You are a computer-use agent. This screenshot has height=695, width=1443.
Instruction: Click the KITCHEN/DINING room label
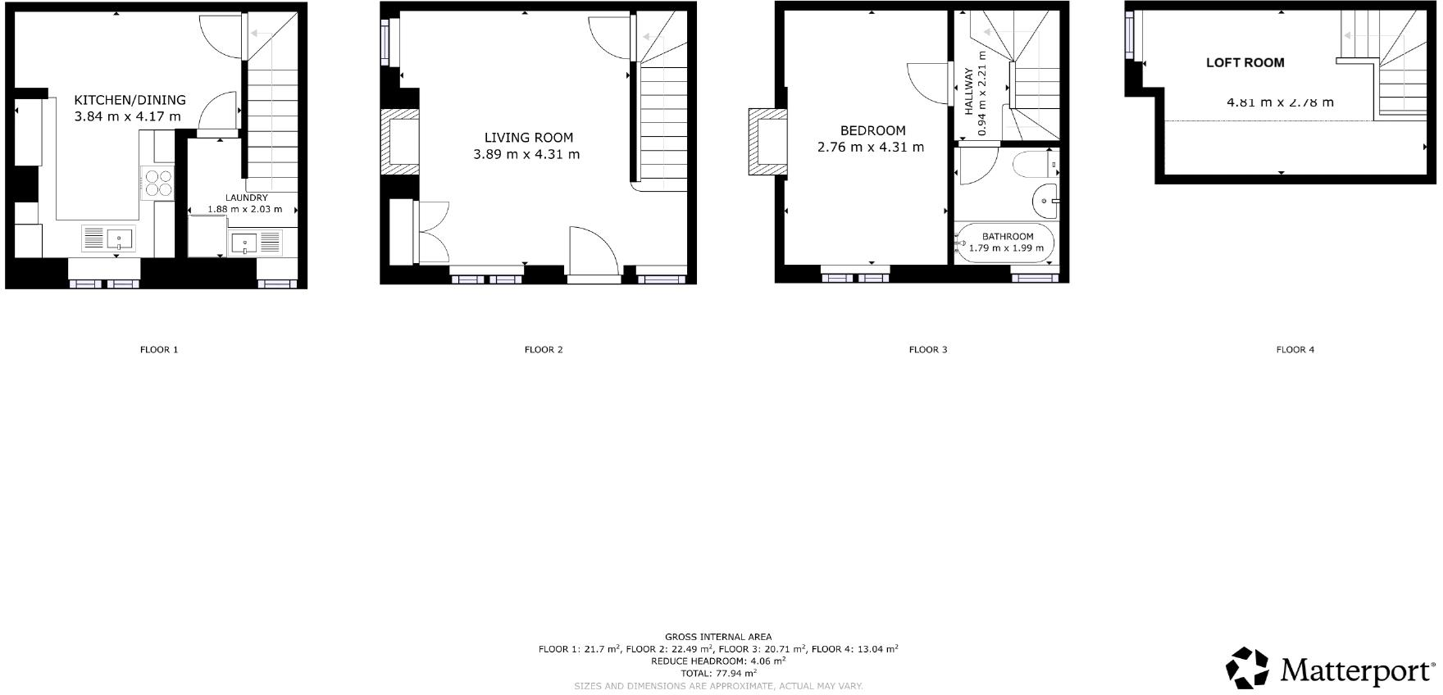pyautogui.click(x=130, y=100)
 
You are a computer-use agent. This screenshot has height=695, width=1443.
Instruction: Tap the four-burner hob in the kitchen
pyautogui.click(x=157, y=182)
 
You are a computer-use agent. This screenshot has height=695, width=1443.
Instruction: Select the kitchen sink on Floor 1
pyautogui.click(x=107, y=239)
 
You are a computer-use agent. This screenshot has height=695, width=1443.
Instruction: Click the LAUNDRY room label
pyautogui.click(x=247, y=198)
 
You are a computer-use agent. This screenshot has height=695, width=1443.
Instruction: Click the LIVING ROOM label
pyautogui.click(x=528, y=138)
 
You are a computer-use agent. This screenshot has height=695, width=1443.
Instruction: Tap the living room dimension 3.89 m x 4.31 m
pyautogui.click(x=526, y=154)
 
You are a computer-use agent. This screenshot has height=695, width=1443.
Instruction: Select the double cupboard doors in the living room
pyautogui.click(x=433, y=232)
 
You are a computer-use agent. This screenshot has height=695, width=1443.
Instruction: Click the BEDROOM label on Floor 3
pyautogui.click(x=872, y=130)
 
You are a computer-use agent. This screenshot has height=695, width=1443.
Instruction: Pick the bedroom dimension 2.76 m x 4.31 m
pyautogui.click(x=870, y=148)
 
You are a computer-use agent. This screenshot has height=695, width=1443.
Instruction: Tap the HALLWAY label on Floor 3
pyautogui.click(x=968, y=91)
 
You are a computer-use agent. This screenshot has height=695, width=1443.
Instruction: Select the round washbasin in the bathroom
pyautogui.click(x=1045, y=200)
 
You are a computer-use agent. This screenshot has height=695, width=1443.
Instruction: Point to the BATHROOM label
pyautogui.click(x=1008, y=236)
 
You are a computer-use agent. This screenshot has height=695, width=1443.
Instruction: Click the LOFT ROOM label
pyautogui.click(x=1245, y=62)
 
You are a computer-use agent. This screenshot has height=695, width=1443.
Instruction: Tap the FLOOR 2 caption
pyautogui.click(x=544, y=350)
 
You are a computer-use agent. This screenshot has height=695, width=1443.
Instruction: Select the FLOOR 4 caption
pyautogui.click(x=1295, y=350)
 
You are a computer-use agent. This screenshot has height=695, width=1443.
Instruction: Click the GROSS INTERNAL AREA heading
pyautogui.click(x=717, y=637)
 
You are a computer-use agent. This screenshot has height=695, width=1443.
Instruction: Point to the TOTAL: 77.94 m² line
pyautogui.click(x=717, y=673)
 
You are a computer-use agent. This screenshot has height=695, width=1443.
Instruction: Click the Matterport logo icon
pyautogui.click(x=1247, y=668)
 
